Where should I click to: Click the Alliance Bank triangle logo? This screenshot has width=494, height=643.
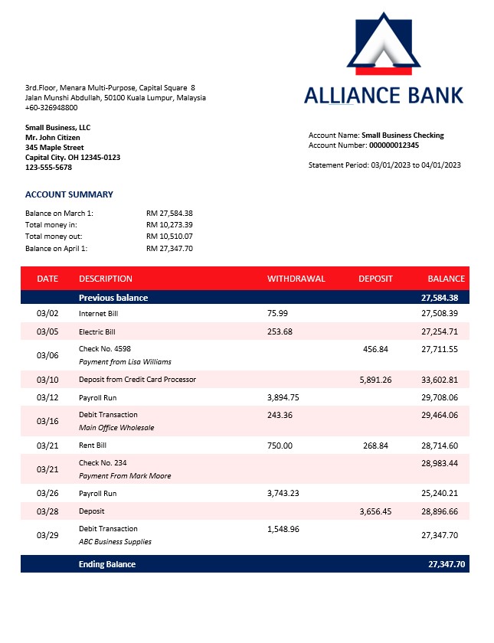383,44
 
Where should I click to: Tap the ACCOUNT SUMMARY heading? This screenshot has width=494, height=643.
69,194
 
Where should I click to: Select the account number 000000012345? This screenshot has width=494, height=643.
394,145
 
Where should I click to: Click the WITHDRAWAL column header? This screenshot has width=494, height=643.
296,279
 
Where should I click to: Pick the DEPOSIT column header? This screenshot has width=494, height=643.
375,279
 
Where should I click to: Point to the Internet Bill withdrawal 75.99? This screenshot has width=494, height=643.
277,313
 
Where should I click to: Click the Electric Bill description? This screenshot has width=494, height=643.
97,331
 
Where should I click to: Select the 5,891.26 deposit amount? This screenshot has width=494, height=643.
375,380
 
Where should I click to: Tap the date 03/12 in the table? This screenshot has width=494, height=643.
47,398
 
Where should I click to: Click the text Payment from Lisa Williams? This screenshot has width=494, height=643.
125,361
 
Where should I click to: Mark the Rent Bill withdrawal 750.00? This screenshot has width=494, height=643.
280,446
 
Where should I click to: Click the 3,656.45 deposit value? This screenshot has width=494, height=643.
375,511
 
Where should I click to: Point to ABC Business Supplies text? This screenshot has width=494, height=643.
115,541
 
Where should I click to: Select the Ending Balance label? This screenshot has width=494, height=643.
107,564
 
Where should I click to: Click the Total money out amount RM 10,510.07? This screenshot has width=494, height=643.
169,237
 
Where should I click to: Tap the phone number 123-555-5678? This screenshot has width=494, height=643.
49,167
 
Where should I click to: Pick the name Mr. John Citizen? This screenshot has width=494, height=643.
52,138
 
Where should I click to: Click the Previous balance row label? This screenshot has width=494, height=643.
113,297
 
